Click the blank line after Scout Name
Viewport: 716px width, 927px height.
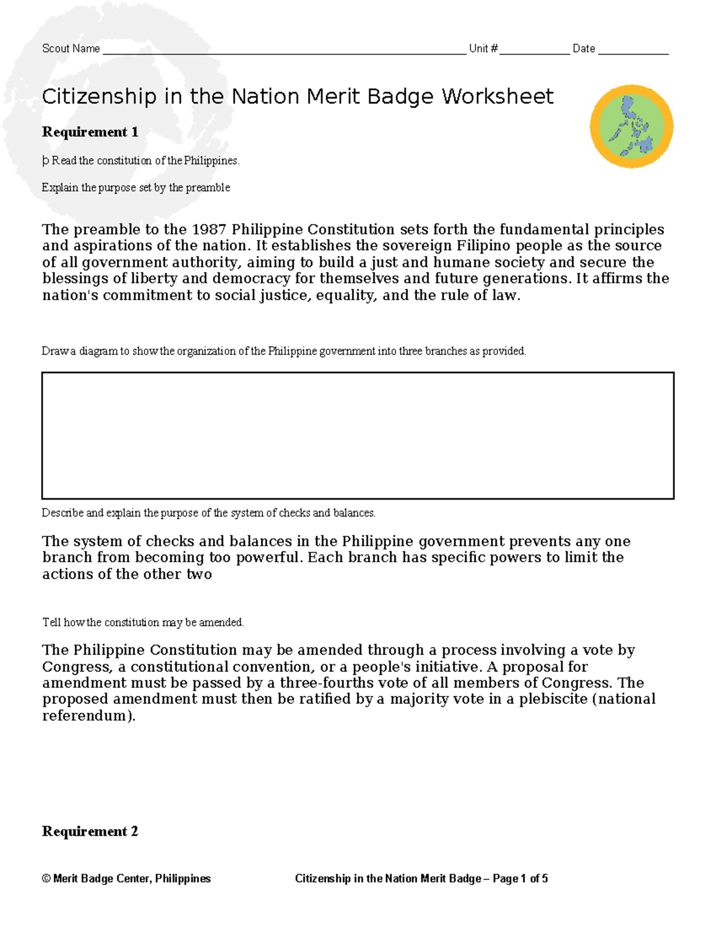284,50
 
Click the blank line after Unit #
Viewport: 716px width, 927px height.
535,50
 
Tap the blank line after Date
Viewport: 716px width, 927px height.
633,50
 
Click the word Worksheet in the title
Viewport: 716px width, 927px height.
498,97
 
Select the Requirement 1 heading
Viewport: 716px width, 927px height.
90,132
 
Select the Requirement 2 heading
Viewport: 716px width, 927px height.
90,831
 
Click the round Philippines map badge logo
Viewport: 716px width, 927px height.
631,126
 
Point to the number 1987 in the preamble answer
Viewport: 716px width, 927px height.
209,230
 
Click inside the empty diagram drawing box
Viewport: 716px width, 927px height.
358,436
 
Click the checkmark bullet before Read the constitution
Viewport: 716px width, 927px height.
45,161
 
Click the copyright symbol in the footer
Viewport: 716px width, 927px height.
46,879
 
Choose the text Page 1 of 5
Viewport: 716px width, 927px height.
520,879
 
